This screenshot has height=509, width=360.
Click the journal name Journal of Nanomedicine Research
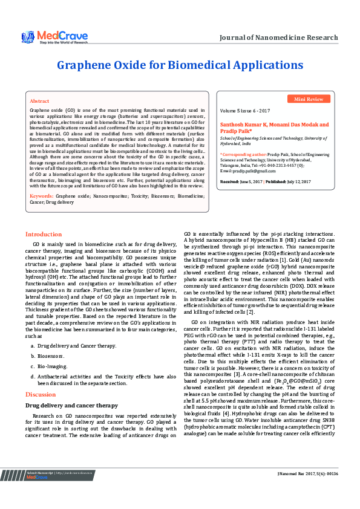coord(278,37)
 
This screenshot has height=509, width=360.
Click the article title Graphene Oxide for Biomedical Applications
coord(179,65)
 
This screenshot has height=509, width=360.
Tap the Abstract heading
coord(39,101)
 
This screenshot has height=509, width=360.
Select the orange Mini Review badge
coord(309,99)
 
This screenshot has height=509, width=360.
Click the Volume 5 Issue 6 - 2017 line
coord(245,112)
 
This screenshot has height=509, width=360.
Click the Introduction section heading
coord(43,234)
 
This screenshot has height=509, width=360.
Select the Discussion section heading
coord(40,394)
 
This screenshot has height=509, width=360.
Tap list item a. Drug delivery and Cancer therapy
coord(76,346)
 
